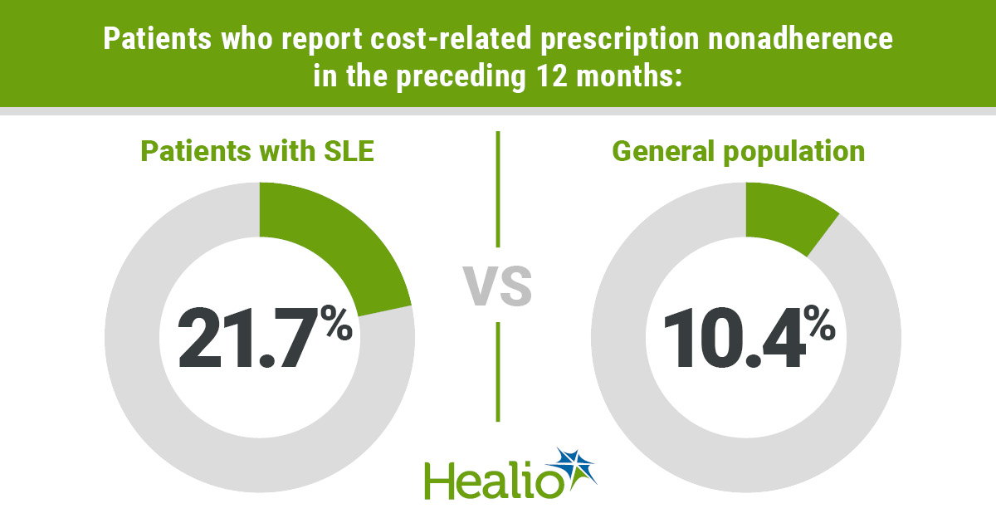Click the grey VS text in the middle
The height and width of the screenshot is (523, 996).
coord(497,286)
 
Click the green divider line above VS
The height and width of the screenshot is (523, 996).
coord(498,188)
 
